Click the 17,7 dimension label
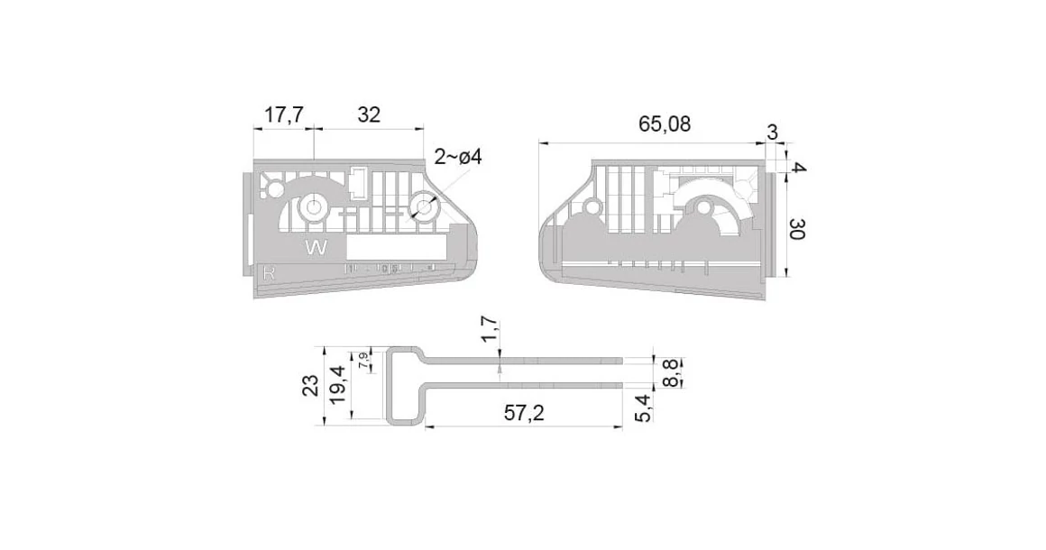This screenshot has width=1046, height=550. tap(284, 115)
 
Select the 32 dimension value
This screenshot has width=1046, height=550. tap(369, 115)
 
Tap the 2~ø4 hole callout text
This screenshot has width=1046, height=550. tap(458, 157)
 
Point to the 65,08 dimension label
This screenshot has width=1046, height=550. tap(665, 125)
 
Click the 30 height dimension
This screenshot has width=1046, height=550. tap(796, 229)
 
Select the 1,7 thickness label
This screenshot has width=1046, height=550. tap(490, 329)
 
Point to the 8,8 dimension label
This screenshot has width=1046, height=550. tap(669, 371)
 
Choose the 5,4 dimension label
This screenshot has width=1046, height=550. tap(644, 407)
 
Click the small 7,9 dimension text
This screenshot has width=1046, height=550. tap(363, 361)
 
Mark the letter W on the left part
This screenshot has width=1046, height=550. tap(317, 247)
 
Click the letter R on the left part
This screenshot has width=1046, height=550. tap(268, 270)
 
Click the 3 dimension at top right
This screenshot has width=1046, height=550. tap(772, 133)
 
